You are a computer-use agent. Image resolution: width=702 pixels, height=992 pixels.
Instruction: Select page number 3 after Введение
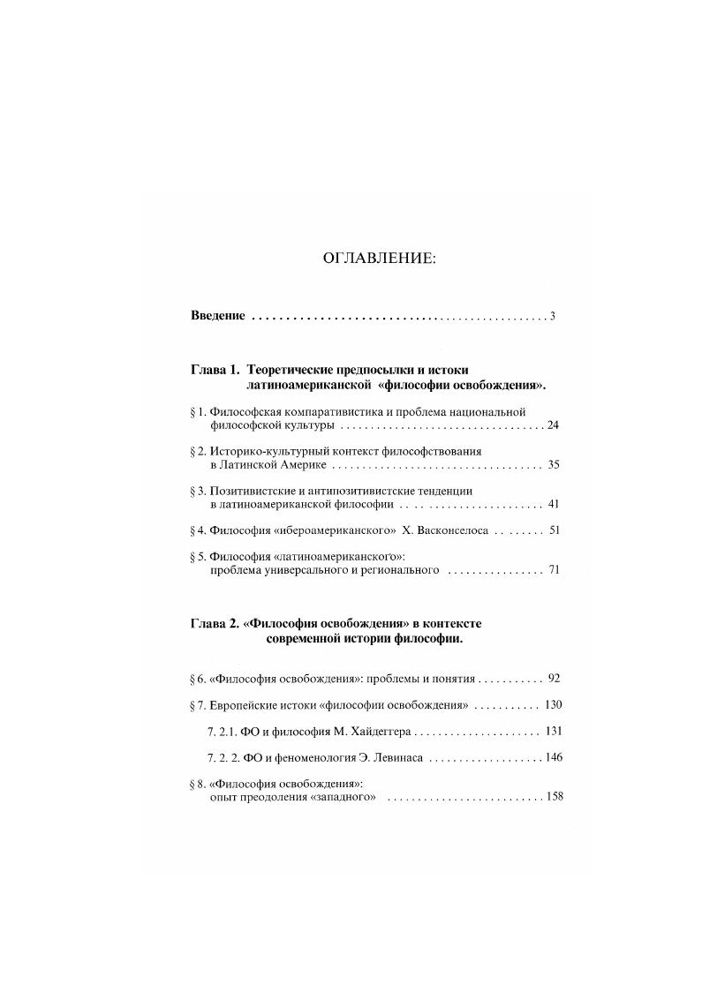pyautogui.click(x=552, y=316)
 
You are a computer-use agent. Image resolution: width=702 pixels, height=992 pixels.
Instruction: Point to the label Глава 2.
pyautogui.click(x=215, y=623)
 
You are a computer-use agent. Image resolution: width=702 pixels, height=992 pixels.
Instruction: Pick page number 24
pyautogui.click(x=554, y=425)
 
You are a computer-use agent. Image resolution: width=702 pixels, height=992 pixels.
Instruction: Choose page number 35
pyautogui.click(x=554, y=464)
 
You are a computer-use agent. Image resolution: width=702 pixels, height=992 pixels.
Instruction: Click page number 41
pyautogui.click(x=554, y=504)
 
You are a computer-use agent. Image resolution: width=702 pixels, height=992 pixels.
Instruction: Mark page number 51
pyautogui.click(x=554, y=530)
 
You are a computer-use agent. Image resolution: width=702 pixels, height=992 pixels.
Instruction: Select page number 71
pyautogui.click(x=554, y=570)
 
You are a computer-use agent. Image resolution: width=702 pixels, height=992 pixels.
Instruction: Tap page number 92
pyautogui.click(x=554, y=679)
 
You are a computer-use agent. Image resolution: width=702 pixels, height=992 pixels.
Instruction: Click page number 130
pyautogui.click(x=554, y=705)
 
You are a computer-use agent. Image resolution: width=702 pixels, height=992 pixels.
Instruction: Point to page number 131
pyautogui.click(x=554, y=731)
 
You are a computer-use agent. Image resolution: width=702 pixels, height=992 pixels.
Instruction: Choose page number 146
pyautogui.click(x=554, y=757)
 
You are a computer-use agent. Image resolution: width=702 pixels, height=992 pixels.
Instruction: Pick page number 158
pyautogui.click(x=554, y=797)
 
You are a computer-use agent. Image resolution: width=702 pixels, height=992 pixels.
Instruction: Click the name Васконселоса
pyautogui.click(x=443, y=531)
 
